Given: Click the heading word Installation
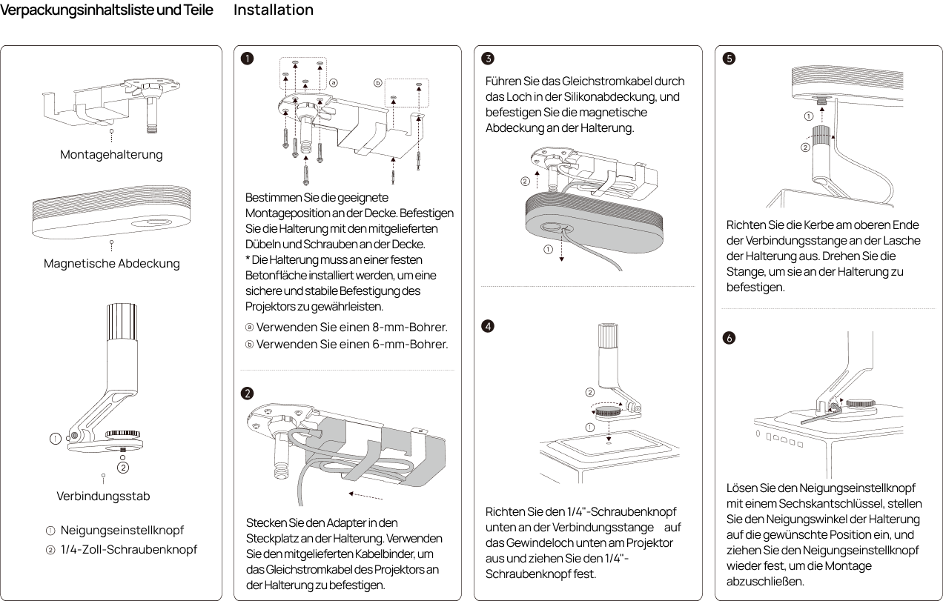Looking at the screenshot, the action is click(x=274, y=10).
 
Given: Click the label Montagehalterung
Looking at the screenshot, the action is click(x=111, y=154).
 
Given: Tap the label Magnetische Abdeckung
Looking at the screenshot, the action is click(x=111, y=264).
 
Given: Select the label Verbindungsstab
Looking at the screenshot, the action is click(x=103, y=496).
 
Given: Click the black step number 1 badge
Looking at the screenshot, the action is click(x=247, y=58).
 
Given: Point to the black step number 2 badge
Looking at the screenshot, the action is click(x=247, y=393).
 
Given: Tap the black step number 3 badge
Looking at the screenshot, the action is click(x=488, y=58).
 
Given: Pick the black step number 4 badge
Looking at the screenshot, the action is click(x=488, y=326).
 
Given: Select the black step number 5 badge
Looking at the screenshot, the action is click(x=729, y=58).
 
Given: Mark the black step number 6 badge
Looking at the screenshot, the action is click(x=729, y=337).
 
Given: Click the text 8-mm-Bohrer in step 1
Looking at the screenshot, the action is click(x=410, y=327).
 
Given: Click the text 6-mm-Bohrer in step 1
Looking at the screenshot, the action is click(x=410, y=345).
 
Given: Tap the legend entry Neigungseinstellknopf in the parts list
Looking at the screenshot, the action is click(x=122, y=531).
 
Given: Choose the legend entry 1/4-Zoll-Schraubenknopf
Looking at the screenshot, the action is click(x=129, y=550).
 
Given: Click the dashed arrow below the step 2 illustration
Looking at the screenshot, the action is click(x=365, y=496).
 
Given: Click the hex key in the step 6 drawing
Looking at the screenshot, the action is click(x=821, y=415).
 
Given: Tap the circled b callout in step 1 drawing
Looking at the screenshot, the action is click(x=377, y=83).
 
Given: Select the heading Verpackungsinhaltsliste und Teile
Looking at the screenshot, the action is click(x=107, y=10).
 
